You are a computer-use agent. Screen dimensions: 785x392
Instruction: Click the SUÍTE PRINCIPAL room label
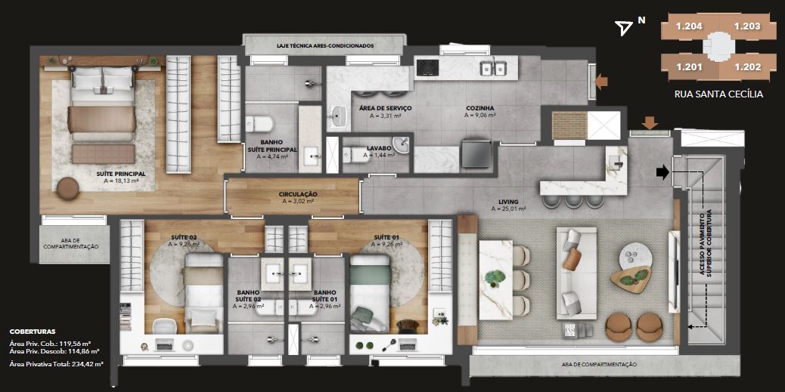pos(121,174)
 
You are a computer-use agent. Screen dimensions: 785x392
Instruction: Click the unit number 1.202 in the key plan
pos(747,67)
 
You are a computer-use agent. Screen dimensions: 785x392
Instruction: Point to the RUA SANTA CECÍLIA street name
pos(719,94)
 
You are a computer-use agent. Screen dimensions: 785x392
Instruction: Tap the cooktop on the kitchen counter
pos(427,67)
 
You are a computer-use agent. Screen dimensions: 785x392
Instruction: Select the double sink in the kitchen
pos(493,68)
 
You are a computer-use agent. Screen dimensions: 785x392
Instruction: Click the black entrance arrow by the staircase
pos(662,172)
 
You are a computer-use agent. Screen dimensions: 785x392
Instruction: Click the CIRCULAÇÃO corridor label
pos(298,195)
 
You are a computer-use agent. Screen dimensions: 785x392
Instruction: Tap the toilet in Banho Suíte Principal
pos(259,124)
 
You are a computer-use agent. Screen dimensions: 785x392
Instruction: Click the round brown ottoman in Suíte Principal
pos(67,189)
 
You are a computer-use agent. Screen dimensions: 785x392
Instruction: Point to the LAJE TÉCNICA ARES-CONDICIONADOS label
pos(325,45)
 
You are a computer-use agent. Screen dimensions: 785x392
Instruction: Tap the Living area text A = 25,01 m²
pos(508,208)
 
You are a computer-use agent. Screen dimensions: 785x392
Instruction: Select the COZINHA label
pos(479,108)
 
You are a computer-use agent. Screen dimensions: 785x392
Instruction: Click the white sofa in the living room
pos(576,273)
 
